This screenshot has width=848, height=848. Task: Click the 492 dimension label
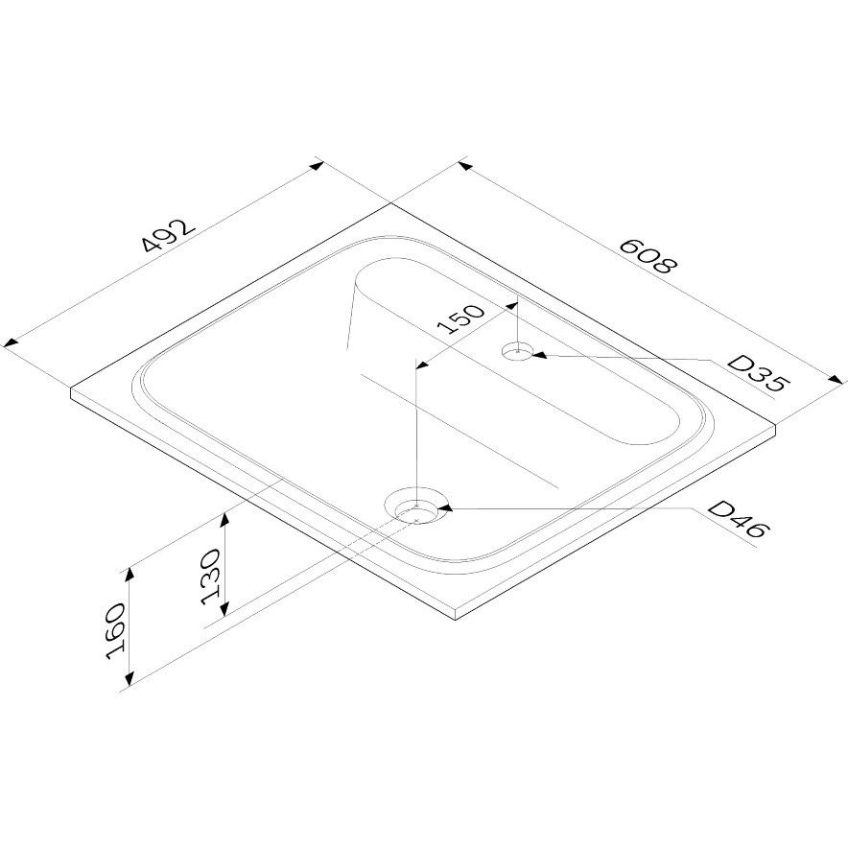pyautogui.click(x=168, y=236)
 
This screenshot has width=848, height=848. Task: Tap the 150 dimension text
pyautogui.click(x=460, y=319)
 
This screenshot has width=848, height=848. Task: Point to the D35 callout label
pyautogui.click(x=758, y=374)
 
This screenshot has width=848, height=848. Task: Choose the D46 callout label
pyautogui.click(x=738, y=519)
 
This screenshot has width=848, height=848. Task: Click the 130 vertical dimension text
pyautogui.click(x=211, y=577)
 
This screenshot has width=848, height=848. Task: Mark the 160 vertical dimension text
pyautogui.click(x=116, y=631)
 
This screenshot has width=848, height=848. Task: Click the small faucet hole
pyautogui.click(x=518, y=351)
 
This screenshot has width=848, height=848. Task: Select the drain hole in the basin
pyautogui.click(x=416, y=511)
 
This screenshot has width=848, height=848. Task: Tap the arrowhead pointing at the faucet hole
pyautogui.click(x=540, y=355)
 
